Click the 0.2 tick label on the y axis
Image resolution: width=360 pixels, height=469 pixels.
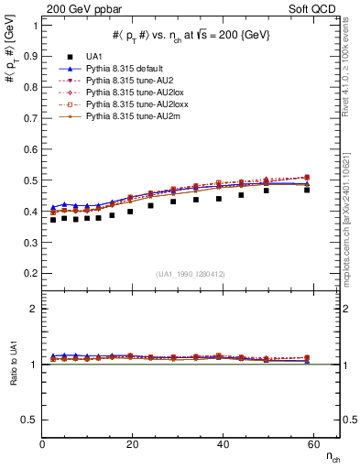pyautogui.click(x=29, y=272)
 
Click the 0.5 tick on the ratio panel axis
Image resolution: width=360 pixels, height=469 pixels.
pyautogui.click(x=29, y=420)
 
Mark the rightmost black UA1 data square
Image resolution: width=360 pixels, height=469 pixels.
pyautogui.click(x=307, y=190)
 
